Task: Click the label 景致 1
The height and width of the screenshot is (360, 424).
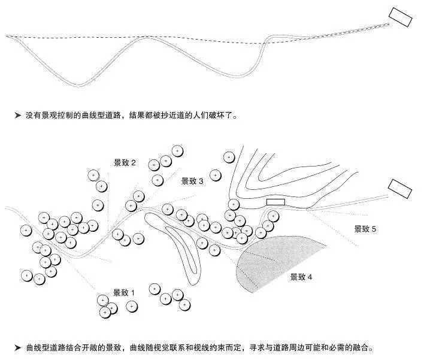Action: (123, 293)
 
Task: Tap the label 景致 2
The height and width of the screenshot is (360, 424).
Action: (125, 162)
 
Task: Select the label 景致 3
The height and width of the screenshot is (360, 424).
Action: (192, 181)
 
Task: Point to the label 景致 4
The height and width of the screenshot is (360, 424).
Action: (301, 277)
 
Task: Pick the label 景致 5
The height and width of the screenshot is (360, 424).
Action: (365, 229)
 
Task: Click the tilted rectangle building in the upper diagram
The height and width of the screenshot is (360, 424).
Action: (401, 17)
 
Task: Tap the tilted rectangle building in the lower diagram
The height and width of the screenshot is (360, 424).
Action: (400, 189)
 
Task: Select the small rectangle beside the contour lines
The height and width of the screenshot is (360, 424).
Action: (275, 202)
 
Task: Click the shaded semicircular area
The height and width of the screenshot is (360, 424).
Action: (273, 259)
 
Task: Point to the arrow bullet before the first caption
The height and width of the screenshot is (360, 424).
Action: (18, 116)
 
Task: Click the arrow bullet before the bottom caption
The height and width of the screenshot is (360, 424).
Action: (18, 347)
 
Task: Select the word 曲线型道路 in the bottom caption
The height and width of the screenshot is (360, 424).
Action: (43, 347)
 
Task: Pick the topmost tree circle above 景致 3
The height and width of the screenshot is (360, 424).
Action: (177, 151)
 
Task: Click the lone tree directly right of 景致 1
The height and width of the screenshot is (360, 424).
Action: (132, 307)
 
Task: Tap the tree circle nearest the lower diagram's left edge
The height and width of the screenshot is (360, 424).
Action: (26, 231)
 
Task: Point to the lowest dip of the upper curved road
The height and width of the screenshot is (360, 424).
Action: (78, 86)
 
